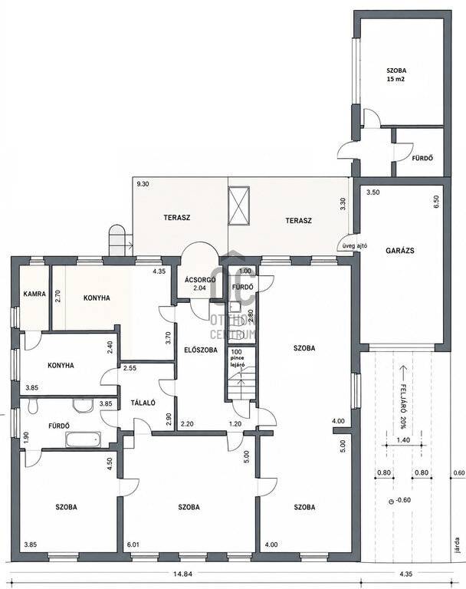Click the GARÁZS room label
pos(400,250)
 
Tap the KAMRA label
pos(34,294)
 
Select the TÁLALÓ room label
pos(143,403)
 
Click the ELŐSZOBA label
pos(201,350)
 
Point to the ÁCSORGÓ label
pos(200,280)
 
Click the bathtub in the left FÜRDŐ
pos(83,439)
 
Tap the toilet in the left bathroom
pos(33,406)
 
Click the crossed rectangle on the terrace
pos(239,205)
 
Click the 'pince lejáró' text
pos(238,361)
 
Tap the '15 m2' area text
pos(396,79)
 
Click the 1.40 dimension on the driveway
pos(404,440)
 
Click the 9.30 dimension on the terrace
pos(143,184)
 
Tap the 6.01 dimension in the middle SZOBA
pos(133,545)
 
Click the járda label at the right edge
pos(457,545)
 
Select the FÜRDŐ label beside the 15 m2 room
pos(422,158)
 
